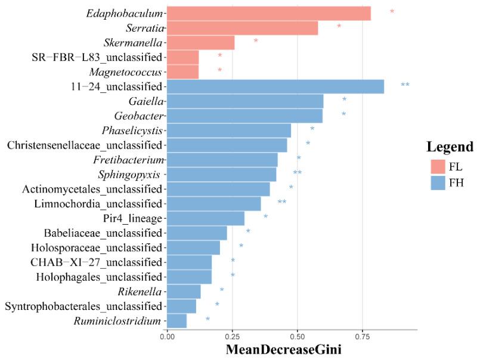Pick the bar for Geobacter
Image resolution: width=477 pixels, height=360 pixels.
(x=244, y=116)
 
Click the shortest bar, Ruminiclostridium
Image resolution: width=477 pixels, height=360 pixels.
(x=176, y=321)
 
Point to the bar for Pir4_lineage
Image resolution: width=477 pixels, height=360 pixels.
(x=206, y=219)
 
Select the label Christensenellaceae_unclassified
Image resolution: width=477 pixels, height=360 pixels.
(x=85, y=145)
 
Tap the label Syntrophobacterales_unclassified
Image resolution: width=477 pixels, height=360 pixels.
(x=83, y=306)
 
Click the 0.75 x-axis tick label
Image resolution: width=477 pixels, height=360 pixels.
(x=362, y=336)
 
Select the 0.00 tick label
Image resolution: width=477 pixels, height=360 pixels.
(x=168, y=336)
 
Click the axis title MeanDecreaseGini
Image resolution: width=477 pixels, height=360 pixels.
(x=283, y=350)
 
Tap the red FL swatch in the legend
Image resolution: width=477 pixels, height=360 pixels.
(x=439, y=166)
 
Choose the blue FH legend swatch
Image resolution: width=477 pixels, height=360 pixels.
(x=439, y=182)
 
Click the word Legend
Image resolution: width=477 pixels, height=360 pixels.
(x=450, y=147)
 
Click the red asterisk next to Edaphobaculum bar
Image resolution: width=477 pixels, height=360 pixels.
(x=392, y=12)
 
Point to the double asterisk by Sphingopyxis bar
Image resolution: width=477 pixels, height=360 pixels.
(x=297, y=173)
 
